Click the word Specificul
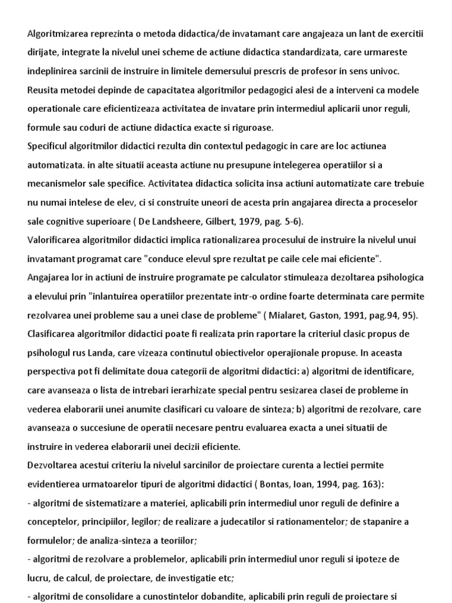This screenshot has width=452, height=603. [x=50, y=146]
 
